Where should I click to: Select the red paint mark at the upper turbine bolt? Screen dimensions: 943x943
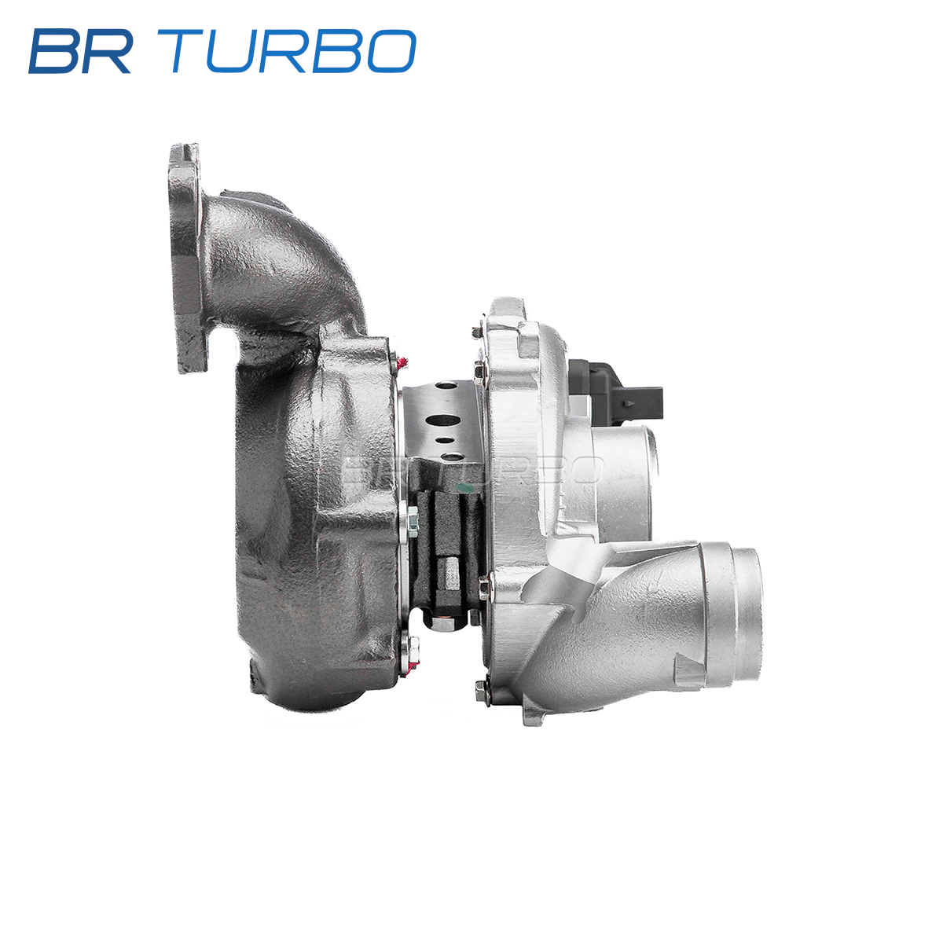404,362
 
